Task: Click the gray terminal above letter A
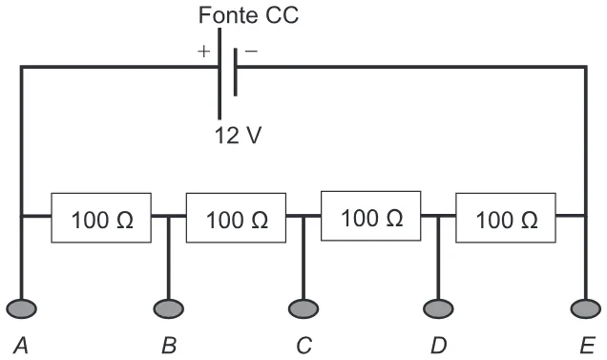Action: (x=21, y=308)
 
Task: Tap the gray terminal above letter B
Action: (x=168, y=308)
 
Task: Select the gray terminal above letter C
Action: (x=303, y=308)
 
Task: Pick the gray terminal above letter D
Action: (x=438, y=308)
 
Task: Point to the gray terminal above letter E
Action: (x=586, y=308)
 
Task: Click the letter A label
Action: (x=21, y=346)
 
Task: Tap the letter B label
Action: (x=169, y=346)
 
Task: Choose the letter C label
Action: (x=304, y=346)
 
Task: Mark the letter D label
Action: (x=439, y=346)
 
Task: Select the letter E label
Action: (x=587, y=346)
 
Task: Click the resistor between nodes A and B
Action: (x=101, y=218)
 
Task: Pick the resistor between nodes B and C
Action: (x=236, y=218)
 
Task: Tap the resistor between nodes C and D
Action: (x=371, y=216)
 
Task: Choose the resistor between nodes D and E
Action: (x=506, y=218)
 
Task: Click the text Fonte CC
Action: (x=248, y=15)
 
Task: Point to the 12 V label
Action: (x=238, y=136)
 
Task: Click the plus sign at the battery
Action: (x=203, y=52)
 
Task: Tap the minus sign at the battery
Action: (x=251, y=51)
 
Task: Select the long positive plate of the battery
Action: (x=220, y=74)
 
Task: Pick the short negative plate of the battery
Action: (x=236, y=72)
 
